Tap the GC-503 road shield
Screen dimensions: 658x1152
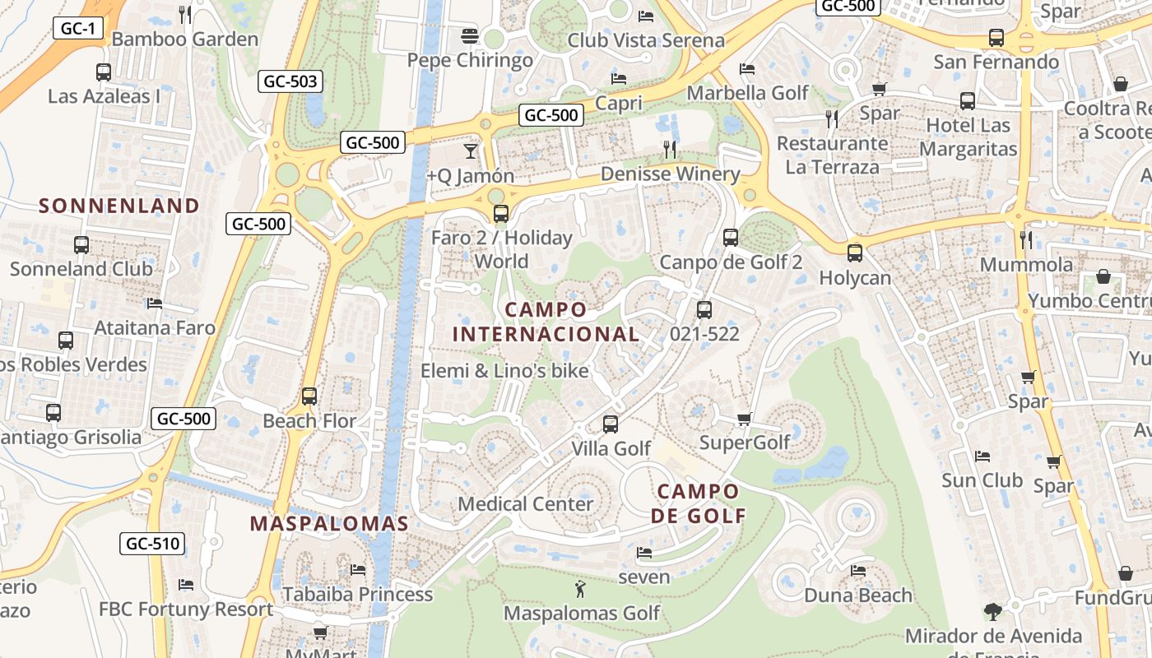click(290, 81)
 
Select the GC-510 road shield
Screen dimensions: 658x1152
click(153, 544)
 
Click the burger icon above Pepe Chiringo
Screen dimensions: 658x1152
click(470, 36)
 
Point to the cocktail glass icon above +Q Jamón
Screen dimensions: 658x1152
click(470, 151)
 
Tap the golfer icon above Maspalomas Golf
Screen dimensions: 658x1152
click(581, 589)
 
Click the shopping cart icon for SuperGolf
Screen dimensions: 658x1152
click(744, 419)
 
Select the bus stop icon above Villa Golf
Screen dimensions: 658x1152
click(611, 424)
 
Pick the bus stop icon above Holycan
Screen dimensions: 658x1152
click(855, 253)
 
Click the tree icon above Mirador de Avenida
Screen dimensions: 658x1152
click(993, 612)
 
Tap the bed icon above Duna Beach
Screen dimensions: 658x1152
click(858, 571)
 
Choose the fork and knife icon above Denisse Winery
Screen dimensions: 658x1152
click(670, 150)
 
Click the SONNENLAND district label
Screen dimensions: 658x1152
click(119, 206)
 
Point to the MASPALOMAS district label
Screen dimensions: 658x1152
click(329, 524)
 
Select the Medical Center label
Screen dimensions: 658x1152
click(525, 503)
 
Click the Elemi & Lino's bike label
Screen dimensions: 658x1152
click(504, 371)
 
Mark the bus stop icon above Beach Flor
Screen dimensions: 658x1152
click(309, 396)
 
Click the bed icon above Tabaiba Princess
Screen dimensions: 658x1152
click(357, 569)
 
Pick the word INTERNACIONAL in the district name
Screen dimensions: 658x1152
click(546, 335)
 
